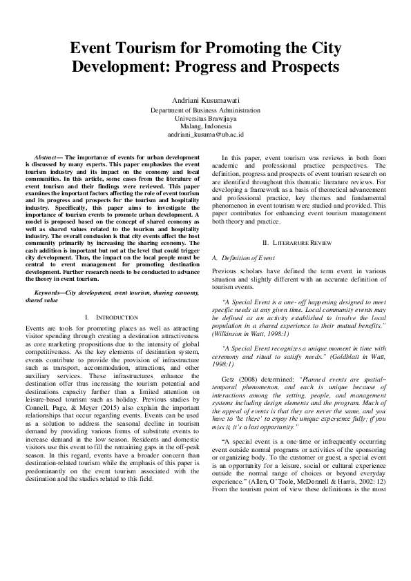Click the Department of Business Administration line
tap(205, 110)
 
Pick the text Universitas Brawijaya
tap(205, 119)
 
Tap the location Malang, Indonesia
tap(205, 126)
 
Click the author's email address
tap(205, 135)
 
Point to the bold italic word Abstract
tap(48, 158)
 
